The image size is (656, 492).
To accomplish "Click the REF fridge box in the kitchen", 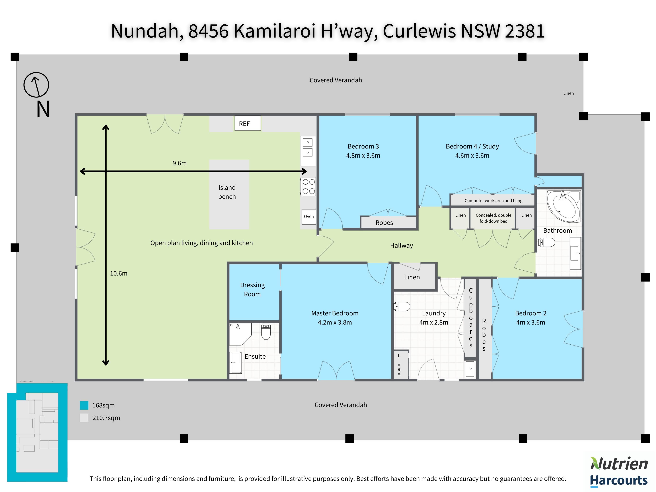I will point(247,123).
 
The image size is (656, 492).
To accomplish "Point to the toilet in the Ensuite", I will point(266,332).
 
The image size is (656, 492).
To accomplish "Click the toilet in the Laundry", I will point(402,306).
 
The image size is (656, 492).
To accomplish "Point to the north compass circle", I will point(36,85).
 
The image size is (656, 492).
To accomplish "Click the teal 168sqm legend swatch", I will point(84,405).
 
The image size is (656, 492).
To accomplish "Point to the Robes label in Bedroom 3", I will point(384,223).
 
